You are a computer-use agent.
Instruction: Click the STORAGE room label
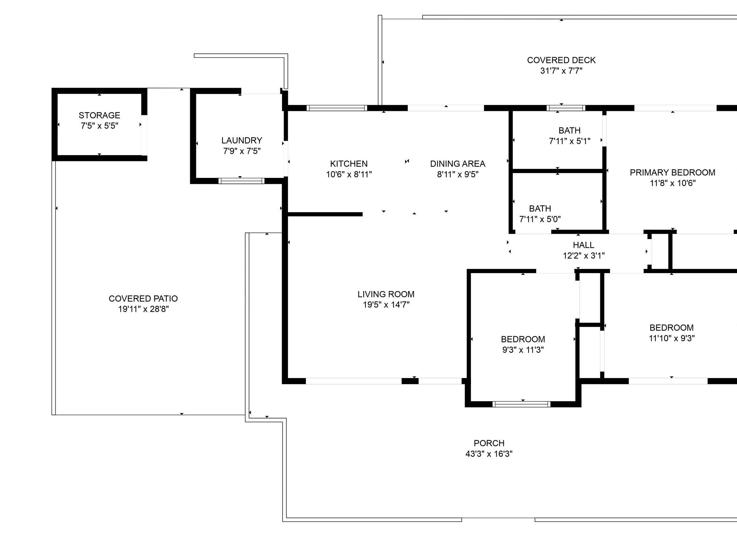(x=99, y=115)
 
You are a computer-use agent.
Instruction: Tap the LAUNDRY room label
(x=242, y=140)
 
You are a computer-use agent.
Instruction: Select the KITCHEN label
(x=349, y=164)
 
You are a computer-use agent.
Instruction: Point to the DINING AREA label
(x=458, y=164)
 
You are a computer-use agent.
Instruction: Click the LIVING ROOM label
(x=386, y=294)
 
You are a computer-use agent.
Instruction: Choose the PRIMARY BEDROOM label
(x=672, y=172)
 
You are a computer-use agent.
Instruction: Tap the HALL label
(x=583, y=245)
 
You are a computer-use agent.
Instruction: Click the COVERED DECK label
(x=561, y=60)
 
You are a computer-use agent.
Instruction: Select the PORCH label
(x=489, y=443)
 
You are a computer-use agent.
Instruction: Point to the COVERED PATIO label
(x=143, y=298)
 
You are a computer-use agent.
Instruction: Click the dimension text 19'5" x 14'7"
(x=386, y=305)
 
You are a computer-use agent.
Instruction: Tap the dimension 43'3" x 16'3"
(x=489, y=454)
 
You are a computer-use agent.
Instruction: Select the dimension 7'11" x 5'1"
(x=569, y=141)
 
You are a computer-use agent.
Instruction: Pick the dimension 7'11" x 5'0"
(x=540, y=219)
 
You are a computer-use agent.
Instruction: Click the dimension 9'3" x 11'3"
(x=523, y=350)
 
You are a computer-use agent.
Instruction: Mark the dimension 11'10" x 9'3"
(x=671, y=338)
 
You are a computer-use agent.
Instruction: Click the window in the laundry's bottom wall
(x=241, y=181)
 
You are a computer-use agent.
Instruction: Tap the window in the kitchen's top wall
(x=336, y=108)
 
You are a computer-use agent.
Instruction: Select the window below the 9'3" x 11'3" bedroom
(x=521, y=404)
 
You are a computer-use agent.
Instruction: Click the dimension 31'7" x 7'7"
(x=561, y=71)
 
